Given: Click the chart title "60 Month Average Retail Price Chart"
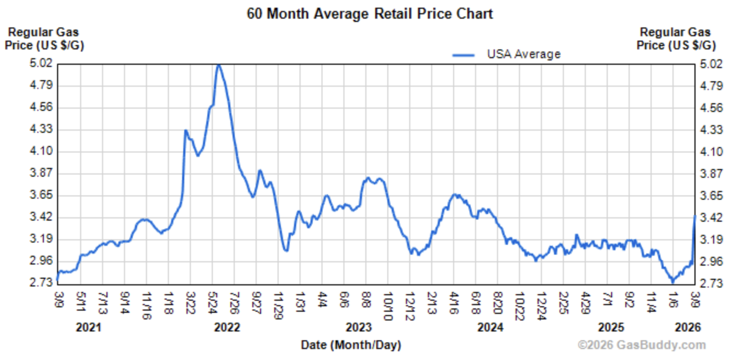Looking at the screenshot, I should [x=370, y=14].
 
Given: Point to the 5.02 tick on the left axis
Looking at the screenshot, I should [x=41, y=64].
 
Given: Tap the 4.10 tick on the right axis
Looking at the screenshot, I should [x=712, y=151].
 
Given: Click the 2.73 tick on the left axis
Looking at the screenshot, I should [x=41, y=283].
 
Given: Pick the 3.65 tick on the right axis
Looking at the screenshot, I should [x=712, y=195].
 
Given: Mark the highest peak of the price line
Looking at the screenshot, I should [x=219, y=65].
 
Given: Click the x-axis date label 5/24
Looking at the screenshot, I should [x=213, y=301].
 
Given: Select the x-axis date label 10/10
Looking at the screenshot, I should [x=388, y=303].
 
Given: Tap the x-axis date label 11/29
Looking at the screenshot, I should [x=279, y=303].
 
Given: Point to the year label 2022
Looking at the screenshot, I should [x=227, y=328].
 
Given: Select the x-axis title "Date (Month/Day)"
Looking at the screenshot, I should [x=351, y=345].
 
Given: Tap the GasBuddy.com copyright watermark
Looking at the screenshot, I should [x=641, y=345].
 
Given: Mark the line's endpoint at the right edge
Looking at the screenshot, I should [x=695, y=216].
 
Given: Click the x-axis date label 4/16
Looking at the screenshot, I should [x=454, y=301].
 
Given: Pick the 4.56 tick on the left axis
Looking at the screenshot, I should [x=41, y=108].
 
